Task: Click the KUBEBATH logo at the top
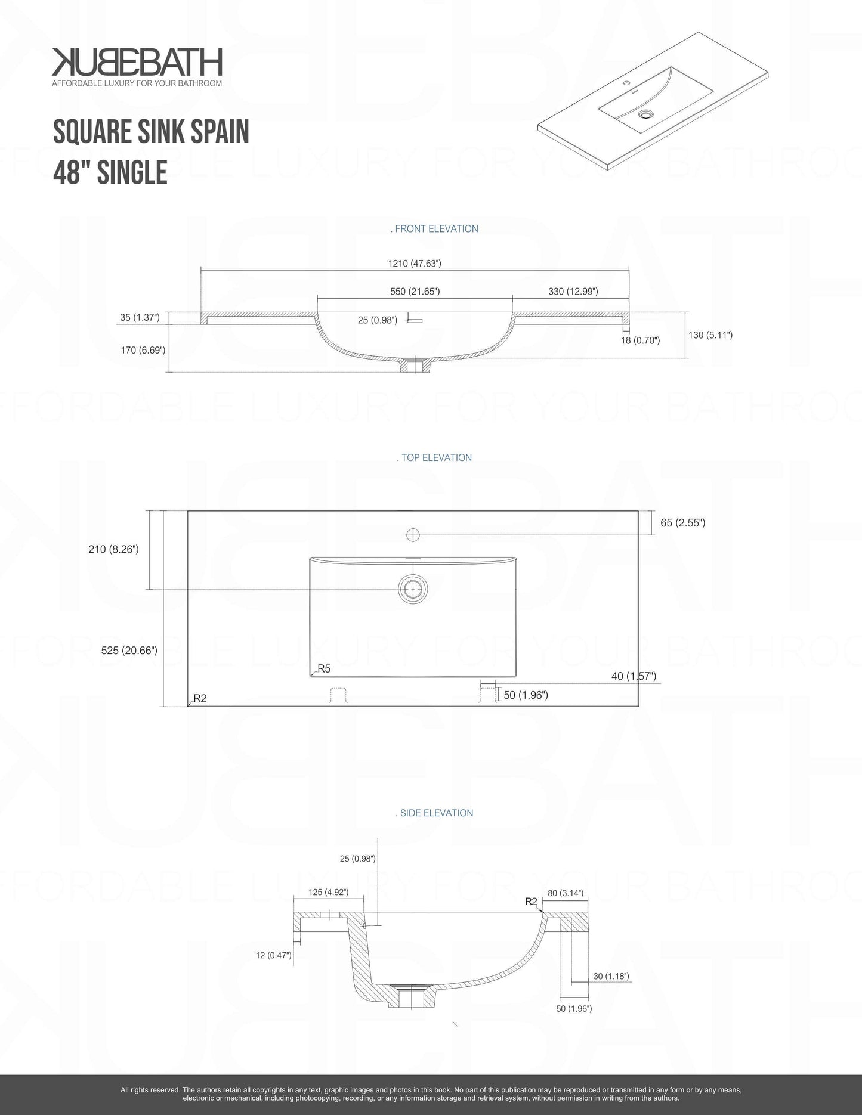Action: pos(137,62)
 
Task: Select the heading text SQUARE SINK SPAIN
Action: pos(151,131)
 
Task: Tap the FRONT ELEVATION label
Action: pos(434,228)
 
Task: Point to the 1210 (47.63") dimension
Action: pos(415,263)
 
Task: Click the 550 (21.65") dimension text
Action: pos(415,291)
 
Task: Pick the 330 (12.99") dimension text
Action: pos(573,291)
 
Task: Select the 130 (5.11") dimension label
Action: pos(710,335)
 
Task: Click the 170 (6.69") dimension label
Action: pos(143,350)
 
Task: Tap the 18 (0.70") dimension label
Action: pos(640,340)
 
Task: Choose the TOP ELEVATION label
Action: pos(434,457)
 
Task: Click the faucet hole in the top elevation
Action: pos(413,534)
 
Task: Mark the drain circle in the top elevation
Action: pos(413,589)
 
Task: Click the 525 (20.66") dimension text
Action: pos(129,651)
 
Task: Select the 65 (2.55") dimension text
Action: pos(683,523)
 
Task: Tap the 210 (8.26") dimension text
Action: pos(113,549)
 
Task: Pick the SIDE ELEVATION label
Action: pos(434,813)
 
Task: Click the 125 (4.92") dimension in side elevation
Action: pos(328,892)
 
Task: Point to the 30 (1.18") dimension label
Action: pos(611,976)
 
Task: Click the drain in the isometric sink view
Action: pos(645,113)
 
